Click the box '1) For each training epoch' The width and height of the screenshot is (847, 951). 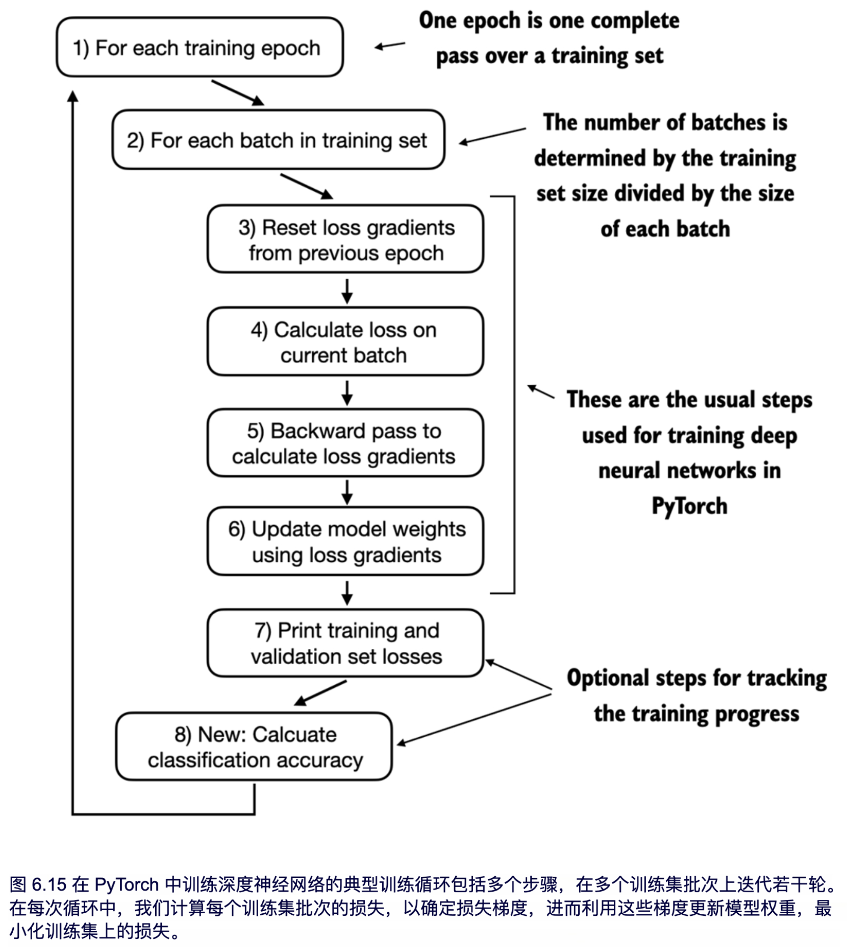tap(200, 47)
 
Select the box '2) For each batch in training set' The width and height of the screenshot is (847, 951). tap(278, 140)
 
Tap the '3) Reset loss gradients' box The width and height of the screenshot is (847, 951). tap(345, 239)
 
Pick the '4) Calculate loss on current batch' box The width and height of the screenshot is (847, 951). tap(345, 342)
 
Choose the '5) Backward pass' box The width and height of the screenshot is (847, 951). tap(345, 443)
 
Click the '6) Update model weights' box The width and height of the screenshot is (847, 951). tap(345, 541)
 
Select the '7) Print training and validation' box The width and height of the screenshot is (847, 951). tap(345, 643)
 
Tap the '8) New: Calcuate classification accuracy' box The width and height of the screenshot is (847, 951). tap(254, 746)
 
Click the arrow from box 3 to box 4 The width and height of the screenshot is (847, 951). tap(347, 291)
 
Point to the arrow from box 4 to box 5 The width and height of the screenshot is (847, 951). tap(347, 392)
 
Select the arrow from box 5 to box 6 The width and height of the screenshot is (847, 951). tap(347, 492)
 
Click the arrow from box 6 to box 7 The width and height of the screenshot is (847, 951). tap(347, 592)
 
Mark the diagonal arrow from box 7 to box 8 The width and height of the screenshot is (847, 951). tap(320, 693)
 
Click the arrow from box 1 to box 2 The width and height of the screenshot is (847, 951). tap(238, 93)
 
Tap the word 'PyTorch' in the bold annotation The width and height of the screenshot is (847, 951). tap(689, 506)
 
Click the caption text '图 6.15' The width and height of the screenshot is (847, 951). tap(38, 884)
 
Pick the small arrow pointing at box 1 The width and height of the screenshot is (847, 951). tap(390, 46)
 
